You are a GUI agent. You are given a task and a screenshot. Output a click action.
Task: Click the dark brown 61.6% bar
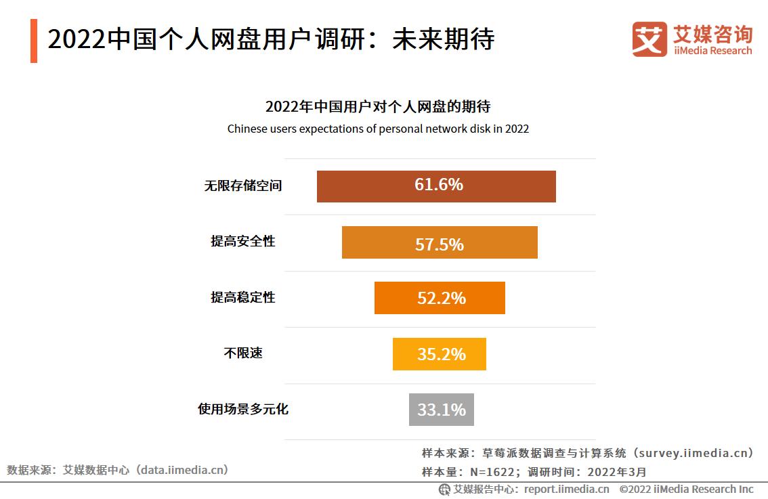[x=436, y=186]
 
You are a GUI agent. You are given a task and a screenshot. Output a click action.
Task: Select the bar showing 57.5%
[x=440, y=242]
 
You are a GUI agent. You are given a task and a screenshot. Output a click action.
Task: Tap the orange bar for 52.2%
[x=440, y=298]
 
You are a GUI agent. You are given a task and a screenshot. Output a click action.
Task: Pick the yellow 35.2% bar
[x=439, y=354]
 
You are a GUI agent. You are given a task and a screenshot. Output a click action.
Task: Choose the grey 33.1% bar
[x=441, y=410]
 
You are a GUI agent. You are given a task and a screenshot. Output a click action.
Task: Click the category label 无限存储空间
[x=242, y=186]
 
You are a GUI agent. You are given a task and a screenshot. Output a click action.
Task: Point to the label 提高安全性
[x=242, y=242]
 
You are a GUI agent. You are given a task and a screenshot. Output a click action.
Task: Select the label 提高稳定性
[x=242, y=298]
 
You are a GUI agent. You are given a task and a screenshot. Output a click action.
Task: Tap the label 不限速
[x=242, y=353]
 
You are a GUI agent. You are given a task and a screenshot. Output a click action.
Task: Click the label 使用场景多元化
[x=242, y=410]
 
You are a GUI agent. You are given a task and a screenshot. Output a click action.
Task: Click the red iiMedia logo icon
[x=649, y=39]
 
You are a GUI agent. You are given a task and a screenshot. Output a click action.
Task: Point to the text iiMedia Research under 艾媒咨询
[x=712, y=51]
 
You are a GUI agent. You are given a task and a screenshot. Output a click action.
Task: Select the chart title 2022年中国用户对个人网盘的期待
[x=378, y=107]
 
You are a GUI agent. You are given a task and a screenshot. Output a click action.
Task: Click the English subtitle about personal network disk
[x=378, y=129]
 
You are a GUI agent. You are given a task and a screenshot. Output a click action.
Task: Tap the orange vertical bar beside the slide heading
[x=34, y=41]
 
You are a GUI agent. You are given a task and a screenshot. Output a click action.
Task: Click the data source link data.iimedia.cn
[x=182, y=469]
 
